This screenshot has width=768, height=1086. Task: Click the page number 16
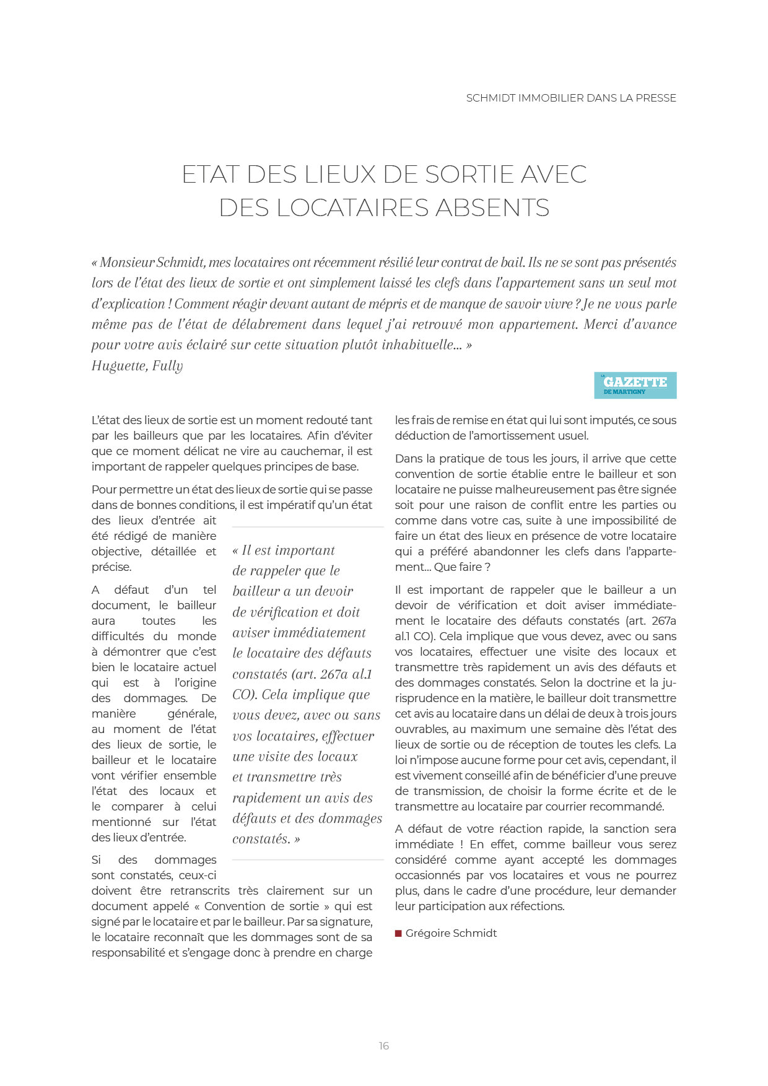(x=384, y=1046)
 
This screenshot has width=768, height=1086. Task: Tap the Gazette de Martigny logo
(x=635, y=385)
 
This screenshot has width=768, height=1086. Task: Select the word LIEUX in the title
(x=340, y=175)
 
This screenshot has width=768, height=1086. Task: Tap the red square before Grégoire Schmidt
(x=398, y=933)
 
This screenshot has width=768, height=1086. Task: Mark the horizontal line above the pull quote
(x=308, y=527)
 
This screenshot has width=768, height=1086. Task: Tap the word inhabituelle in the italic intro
(x=419, y=345)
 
